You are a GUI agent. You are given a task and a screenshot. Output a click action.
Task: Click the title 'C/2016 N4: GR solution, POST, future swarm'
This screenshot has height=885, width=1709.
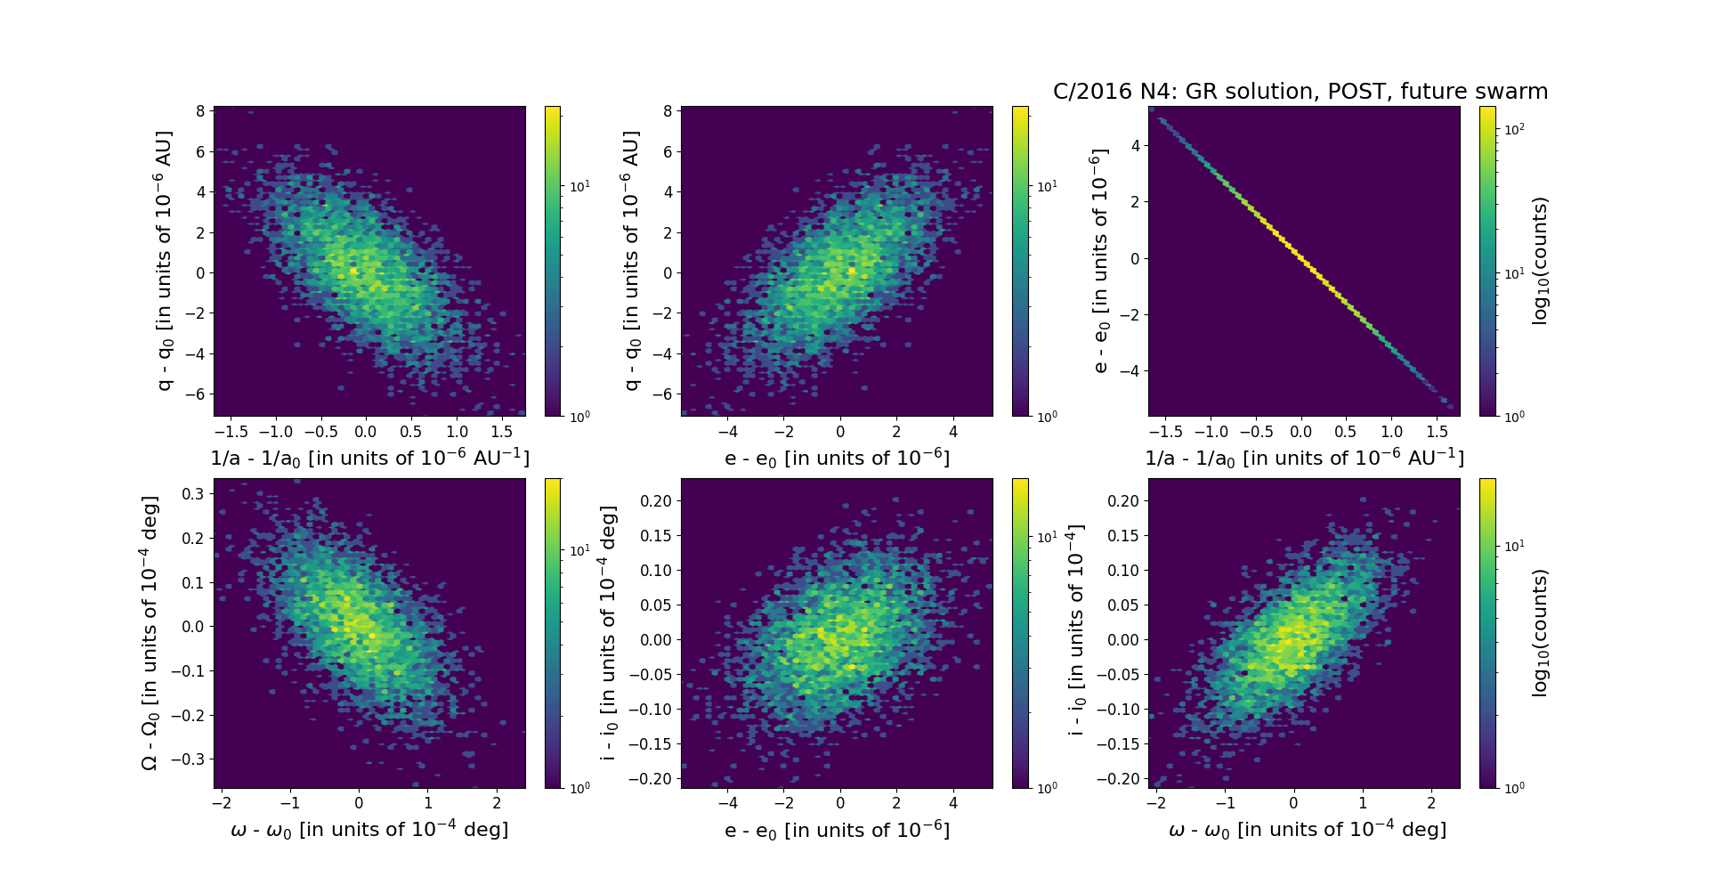pos(1300,92)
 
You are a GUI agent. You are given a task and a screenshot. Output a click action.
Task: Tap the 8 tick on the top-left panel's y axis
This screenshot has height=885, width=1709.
pos(200,111)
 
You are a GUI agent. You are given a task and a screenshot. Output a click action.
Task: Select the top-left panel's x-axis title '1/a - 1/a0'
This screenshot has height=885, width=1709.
pos(369,458)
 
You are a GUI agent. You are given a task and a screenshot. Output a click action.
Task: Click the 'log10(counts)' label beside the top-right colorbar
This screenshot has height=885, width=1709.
pos(1541,261)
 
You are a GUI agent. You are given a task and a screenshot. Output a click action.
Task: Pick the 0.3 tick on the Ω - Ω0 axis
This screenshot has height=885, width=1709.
pos(195,493)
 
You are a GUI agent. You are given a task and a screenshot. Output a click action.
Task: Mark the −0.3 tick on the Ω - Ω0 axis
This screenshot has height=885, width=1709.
pos(190,759)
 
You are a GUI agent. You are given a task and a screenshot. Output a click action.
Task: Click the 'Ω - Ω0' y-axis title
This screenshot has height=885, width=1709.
pos(150,633)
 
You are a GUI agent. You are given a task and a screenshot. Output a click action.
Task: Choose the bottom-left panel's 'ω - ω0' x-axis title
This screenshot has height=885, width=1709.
pos(369,830)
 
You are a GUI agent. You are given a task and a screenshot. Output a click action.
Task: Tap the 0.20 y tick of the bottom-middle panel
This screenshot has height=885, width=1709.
pos(656,500)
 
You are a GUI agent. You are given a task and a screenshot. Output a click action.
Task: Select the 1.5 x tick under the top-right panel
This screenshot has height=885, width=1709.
pos(1437,432)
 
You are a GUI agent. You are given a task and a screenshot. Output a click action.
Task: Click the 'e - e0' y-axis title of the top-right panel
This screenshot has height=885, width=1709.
pos(1100,261)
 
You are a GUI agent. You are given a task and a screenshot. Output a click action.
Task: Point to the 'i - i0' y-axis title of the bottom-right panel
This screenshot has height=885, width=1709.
pos(1076,630)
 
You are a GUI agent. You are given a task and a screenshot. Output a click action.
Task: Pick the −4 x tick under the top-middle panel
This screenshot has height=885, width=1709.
pos(727,432)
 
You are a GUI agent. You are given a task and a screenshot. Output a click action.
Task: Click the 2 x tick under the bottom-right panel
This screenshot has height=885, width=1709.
pos(1431,803)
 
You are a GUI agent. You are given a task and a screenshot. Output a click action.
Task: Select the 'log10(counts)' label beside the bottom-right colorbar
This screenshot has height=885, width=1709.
pos(1541,633)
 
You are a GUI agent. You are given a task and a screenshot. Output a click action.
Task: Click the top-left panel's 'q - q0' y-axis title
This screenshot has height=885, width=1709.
pos(165,261)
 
